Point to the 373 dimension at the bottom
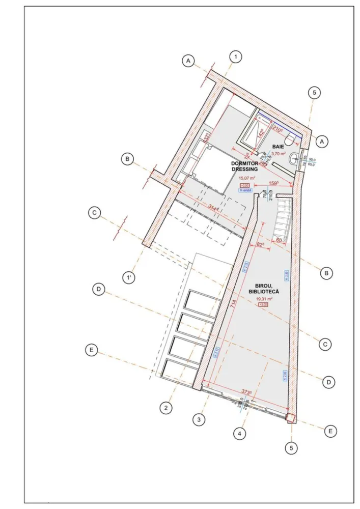click(x=246, y=392)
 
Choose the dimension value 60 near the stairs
click(x=279, y=239)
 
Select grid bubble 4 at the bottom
click(x=239, y=434)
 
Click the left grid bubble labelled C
click(x=94, y=213)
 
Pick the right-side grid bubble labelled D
click(x=329, y=381)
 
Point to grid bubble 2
click(x=165, y=407)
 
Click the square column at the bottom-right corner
click(x=290, y=418)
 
